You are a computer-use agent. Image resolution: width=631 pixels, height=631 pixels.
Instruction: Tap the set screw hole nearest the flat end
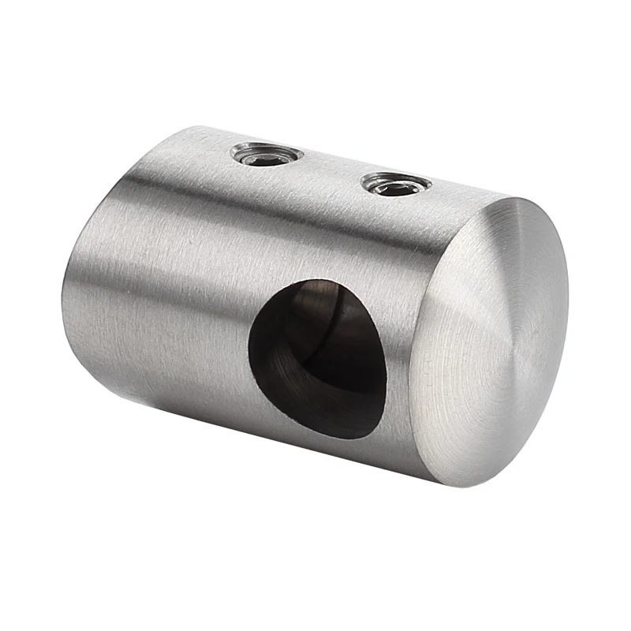pyautogui.click(x=396, y=185)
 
